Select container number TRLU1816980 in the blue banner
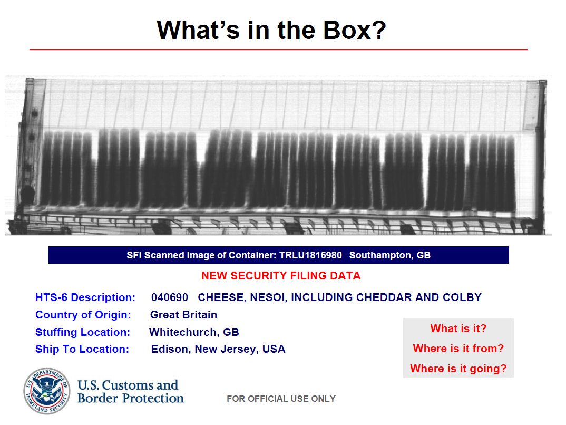pos(310,255)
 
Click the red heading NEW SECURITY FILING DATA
pos(281,276)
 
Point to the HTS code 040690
pos(170,297)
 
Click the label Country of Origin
pos(83,315)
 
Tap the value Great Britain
pos(183,315)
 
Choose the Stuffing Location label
pos(83,332)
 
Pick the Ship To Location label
pos(82,349)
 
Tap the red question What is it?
pos(458,329)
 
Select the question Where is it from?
pos(458,349)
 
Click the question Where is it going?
pos(458,369)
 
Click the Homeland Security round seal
pos(47,391)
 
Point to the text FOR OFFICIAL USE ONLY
pos(281,399)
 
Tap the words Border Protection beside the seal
pos(131,398)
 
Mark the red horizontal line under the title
pos(279,50)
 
